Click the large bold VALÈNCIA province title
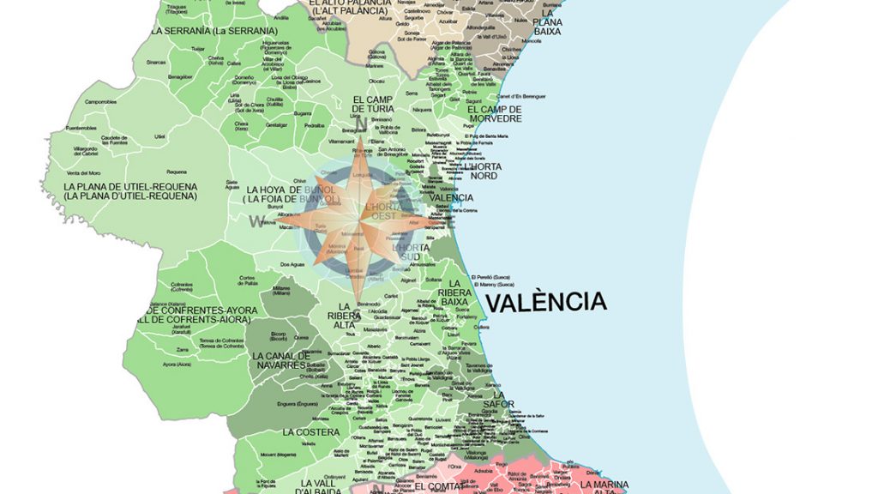(545, 302)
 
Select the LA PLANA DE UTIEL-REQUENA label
(130, 191)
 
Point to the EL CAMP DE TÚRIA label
(374, 104)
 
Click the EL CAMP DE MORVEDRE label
(495, 114)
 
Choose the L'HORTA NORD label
(484, 171)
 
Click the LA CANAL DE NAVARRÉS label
(280, 360)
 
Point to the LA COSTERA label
(311, 431)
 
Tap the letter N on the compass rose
(361, 125)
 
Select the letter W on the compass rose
(256, 221)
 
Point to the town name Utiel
(159, 136)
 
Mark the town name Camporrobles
(100, 101)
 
